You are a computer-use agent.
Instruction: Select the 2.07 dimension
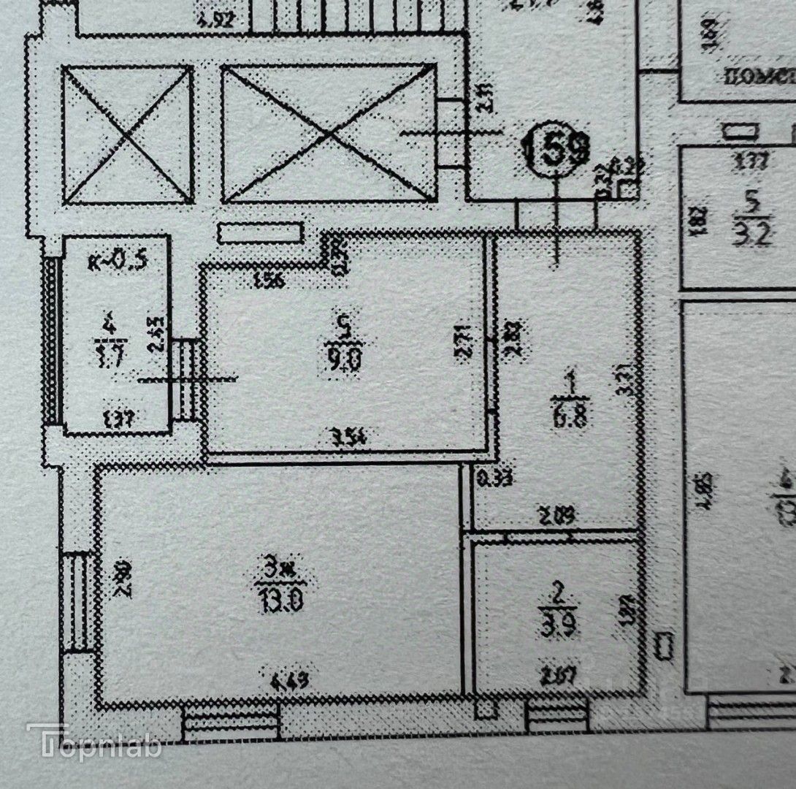(x=559, y=675)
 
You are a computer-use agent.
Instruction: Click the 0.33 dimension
(x=494, y=479)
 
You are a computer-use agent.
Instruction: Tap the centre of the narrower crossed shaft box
(x=128, y=134)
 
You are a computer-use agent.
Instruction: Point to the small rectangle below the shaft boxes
(x=260, y=233)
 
